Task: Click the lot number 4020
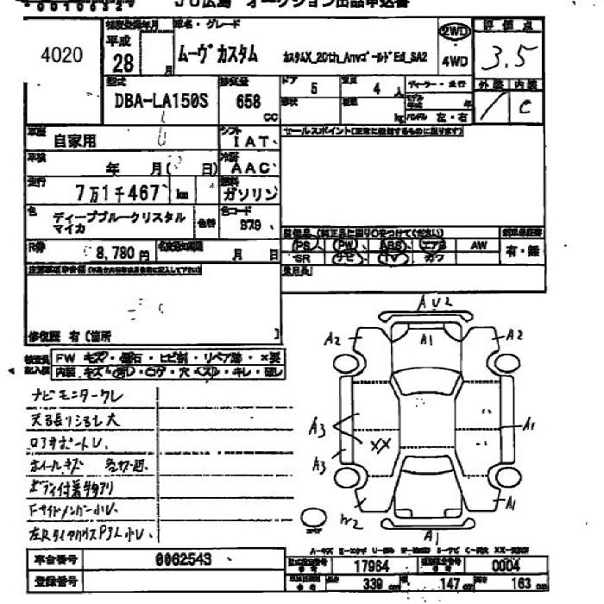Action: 61,56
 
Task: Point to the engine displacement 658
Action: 247,101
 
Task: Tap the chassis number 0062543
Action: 182,558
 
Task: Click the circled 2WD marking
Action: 455,32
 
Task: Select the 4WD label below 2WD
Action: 455,62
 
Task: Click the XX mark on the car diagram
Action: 379,445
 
